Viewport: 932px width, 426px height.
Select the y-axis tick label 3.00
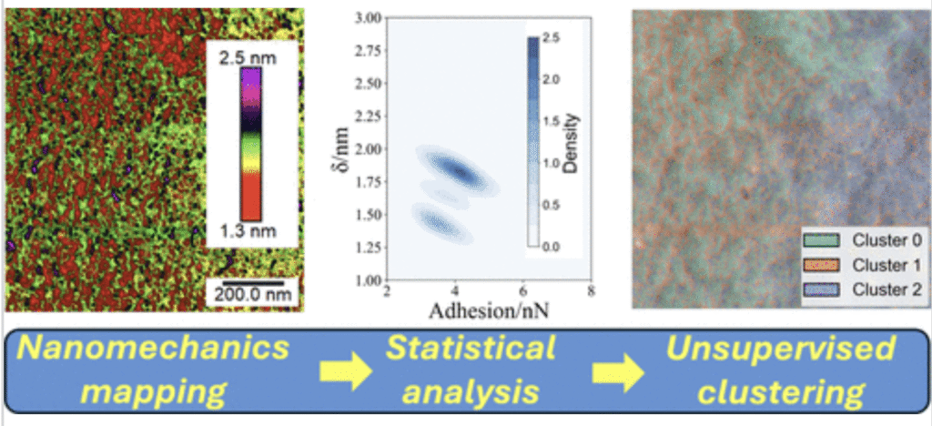tap(369, 19)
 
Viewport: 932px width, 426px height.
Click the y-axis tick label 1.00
tap(369, 279)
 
